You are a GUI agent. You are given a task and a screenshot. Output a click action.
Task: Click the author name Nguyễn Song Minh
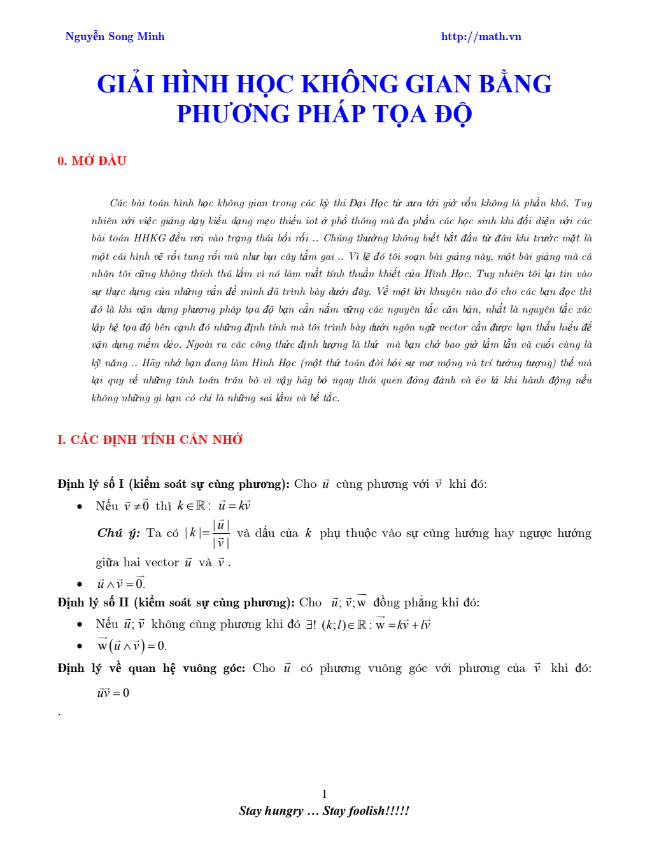(115, 37)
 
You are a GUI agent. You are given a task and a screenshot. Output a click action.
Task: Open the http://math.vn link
(481, 37)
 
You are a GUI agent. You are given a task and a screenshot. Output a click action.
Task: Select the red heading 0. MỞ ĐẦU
(92, 161)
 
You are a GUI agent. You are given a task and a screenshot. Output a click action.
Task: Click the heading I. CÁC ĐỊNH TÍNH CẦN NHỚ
(150, 440)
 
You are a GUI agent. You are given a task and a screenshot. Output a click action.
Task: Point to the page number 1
(325, 794)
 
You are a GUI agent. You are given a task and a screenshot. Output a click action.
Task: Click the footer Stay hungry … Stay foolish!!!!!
(324, 810)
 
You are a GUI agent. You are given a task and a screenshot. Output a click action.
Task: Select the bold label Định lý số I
(90, 484)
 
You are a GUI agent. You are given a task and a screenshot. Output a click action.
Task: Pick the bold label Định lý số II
(93, 603)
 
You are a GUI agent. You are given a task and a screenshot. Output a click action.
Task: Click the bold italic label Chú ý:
(118, 533)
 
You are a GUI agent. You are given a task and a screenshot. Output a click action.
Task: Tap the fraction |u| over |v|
(221, 534)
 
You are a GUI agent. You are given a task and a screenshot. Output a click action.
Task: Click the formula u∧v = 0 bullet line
(121, 583)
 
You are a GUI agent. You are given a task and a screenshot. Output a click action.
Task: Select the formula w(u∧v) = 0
(131, 646)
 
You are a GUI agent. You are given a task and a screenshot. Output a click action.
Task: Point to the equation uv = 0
(113, 692)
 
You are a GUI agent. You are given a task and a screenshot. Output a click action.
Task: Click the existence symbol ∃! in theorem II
(311, 624)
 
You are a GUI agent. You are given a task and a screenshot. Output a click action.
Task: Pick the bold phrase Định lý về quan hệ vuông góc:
(151, 668)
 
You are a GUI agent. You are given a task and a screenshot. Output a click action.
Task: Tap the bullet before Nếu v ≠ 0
(80, 506)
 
